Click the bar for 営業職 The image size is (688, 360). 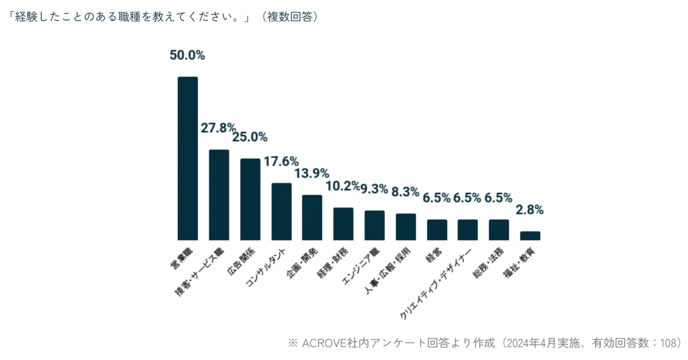tap(188, 159)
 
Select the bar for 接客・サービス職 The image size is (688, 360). tap(219, 195)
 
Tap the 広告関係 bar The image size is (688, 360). tap(250, 199)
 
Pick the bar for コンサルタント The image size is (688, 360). tap(281, 212)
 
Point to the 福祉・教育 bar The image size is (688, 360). tap(530, 236)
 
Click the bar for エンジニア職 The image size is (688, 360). tap(375, 225)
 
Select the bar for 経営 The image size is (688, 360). tap(437, 230)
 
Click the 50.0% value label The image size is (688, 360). tap(187, 55)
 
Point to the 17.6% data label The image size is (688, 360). tap(281, 161)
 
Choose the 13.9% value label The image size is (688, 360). tap(312, 173)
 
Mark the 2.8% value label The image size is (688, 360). tap(530, 210)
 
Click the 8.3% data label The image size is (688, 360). tap(406, 192)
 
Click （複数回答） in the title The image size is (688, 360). tap(290, 17)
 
